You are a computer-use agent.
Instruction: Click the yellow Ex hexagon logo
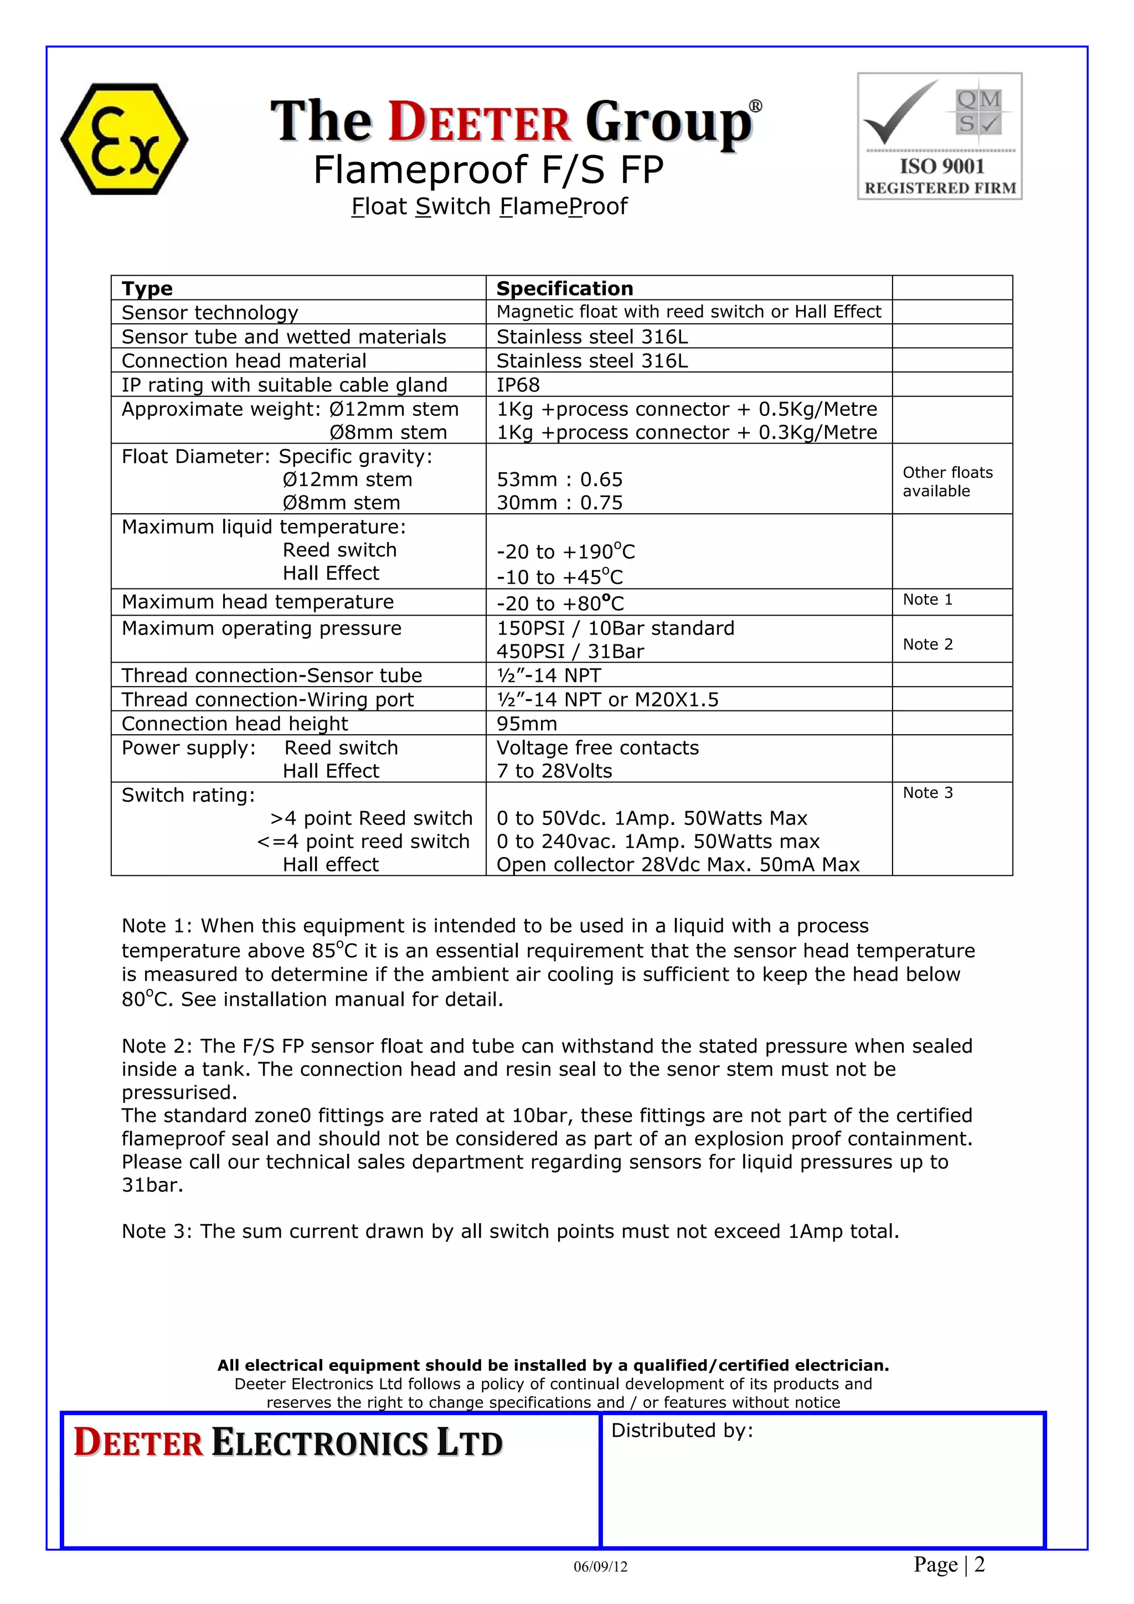pyautogui.click(x=125, y=138)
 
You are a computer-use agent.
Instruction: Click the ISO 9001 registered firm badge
pyautogui.click(x=940, y=136)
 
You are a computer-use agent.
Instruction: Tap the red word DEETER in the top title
pyautogui.click(x=480, y=122)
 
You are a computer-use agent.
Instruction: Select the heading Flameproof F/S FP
pyautogui.click(x=488, y=170)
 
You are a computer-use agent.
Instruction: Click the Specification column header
pyautogui.click(x=565, y=288)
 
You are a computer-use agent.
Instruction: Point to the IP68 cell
pyautogui.click(x=518, y=385)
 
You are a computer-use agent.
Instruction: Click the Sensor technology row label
pyautogui.click(x=210, y=312)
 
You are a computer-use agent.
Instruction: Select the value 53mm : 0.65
pyautogui.click(x=559, y=479)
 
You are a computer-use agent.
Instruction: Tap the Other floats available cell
pyautogui.click(x=947, y=481)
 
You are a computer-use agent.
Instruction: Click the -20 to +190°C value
pyautogui.click(x=565, y=552)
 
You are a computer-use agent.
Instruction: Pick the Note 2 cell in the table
pyautogui.click(x=927, y=644)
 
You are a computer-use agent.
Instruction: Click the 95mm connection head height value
pyautogui.click(x=527, y=724)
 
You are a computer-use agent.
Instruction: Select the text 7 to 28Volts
pyautogui.click(x=554, y=771)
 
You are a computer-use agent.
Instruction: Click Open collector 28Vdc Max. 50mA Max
pyautogui.click(x=677, y=865)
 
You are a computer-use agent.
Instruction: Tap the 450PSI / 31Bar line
pyautogui.click(x=570, y=652)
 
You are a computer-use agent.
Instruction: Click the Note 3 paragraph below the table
pyautogui.click(x=510, y=1231)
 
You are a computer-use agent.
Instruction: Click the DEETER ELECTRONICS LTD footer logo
pyautogui.click(x=288, y=1443)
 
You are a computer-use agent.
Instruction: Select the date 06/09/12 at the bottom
pyautogui.click(x=600, y=1567)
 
